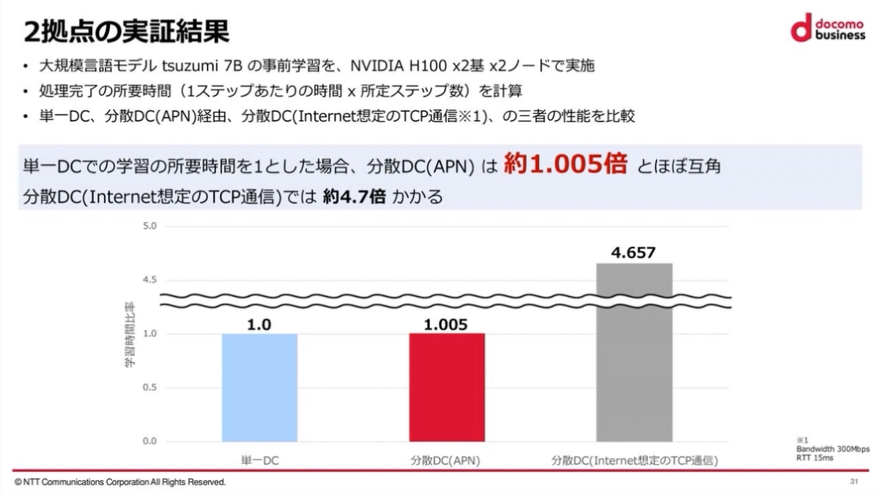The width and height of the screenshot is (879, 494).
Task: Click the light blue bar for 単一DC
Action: tap(259, 387)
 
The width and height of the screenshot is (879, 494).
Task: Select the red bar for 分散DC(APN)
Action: tap(447, 387)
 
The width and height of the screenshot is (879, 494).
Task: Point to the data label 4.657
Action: tap(634, 253)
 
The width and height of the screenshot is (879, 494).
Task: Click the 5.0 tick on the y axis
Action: tap(149, 226)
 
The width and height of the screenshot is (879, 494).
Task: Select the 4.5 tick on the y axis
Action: tap(149, 280)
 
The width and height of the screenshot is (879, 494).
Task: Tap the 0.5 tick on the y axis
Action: tap(149, 388)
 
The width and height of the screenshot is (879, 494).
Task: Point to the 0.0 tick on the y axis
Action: tap(149, 441)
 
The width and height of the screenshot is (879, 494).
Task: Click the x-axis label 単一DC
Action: tap(259, 461)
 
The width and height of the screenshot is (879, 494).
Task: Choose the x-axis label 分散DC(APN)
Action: tap(447, 461)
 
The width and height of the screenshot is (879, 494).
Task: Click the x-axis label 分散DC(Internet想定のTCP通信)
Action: tap(634, 461)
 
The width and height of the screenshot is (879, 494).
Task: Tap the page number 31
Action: tap(853, 482)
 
